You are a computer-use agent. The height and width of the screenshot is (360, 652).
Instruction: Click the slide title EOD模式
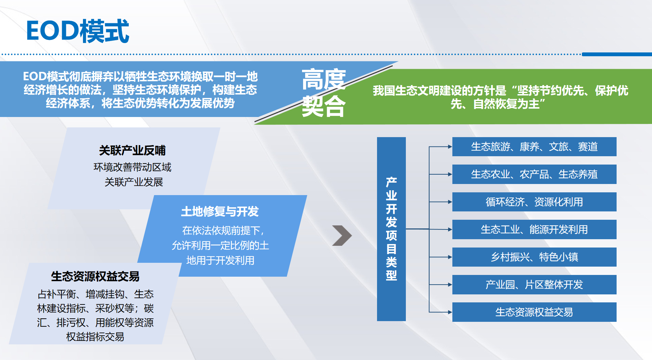(77, 31)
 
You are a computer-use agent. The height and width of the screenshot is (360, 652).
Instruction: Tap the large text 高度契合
(324, 93)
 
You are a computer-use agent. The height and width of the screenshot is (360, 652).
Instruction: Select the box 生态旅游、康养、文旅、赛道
(534, 146)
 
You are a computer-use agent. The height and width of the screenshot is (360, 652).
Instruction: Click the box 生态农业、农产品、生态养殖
(534, 174)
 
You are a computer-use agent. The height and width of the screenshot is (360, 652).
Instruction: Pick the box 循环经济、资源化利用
(534, 202)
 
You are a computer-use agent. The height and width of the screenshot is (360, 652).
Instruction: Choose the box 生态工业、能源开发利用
(534, 229)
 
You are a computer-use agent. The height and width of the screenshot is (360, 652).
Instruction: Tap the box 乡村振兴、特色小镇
(534, 257)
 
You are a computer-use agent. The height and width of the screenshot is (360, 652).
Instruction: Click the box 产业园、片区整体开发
(534, 285)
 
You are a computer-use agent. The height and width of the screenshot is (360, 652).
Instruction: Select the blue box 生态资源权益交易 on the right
(534, 312)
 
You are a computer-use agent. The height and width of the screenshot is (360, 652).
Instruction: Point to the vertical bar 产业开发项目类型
(391, 229)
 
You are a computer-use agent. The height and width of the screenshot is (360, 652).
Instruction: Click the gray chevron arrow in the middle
(342, 236)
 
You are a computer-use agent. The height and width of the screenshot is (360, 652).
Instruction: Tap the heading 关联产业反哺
(132, 150)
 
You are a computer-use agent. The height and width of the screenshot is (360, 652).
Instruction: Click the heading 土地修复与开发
(220, 211)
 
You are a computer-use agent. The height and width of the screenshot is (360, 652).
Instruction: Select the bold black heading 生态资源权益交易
(95, 276)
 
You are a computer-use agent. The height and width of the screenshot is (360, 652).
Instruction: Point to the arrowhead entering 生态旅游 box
(450, 146)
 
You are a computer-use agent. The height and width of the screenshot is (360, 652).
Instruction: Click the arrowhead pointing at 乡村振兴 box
(450, 257)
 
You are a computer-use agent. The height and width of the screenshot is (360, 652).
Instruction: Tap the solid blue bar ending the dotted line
(617, 54)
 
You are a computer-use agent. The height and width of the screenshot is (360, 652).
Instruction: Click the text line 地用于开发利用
(220, 260)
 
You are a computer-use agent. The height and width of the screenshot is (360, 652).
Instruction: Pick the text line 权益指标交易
(95, 336)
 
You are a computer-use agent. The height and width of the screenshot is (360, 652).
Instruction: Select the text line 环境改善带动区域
(132, 167)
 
